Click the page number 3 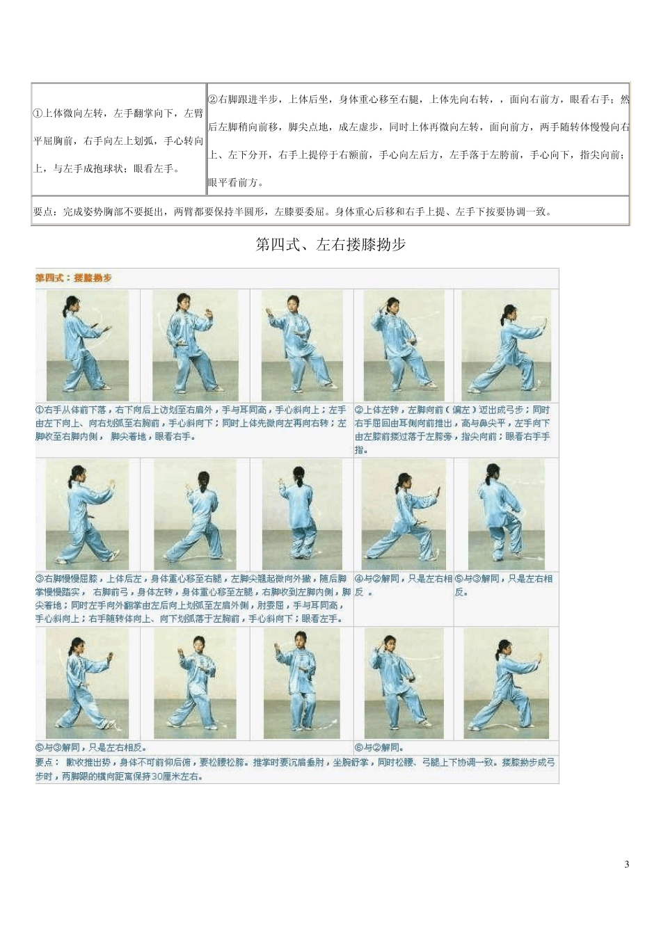[x=627, y=865]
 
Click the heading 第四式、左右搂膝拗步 [x=330, y=245]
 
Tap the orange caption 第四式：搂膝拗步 [x=74, y=278]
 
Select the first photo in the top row [x=88, y=346]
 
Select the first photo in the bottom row [x=88, y=684]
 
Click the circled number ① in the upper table [x=38, y=113]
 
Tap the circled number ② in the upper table [x=213, y=99]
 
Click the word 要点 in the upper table [x=42, y=211]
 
